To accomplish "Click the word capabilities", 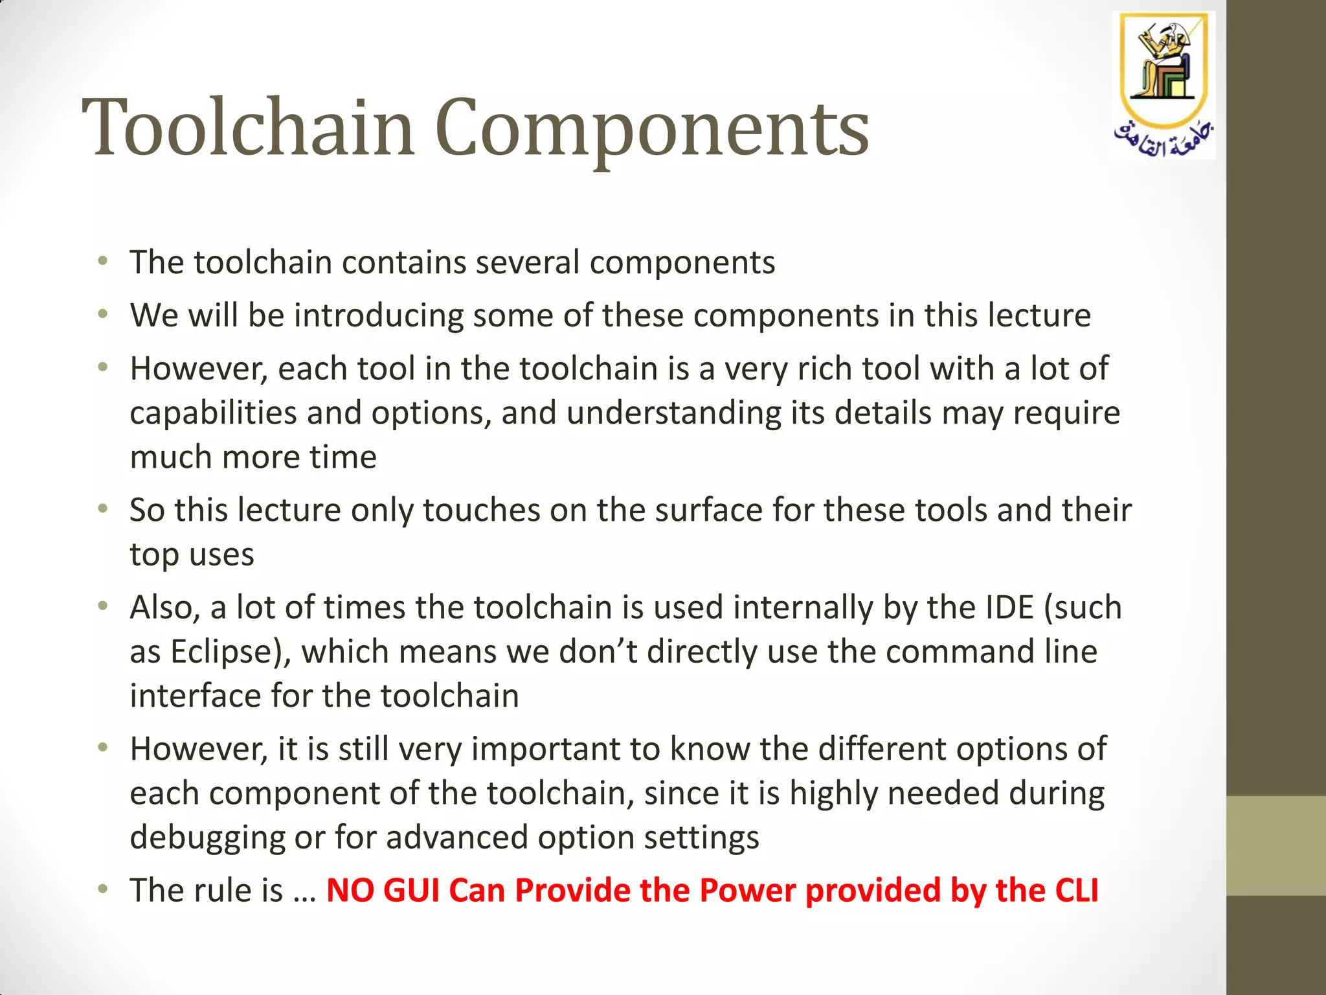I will (213, 413).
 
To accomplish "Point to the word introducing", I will (378, 316).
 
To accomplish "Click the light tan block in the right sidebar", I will (1275, 845).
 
